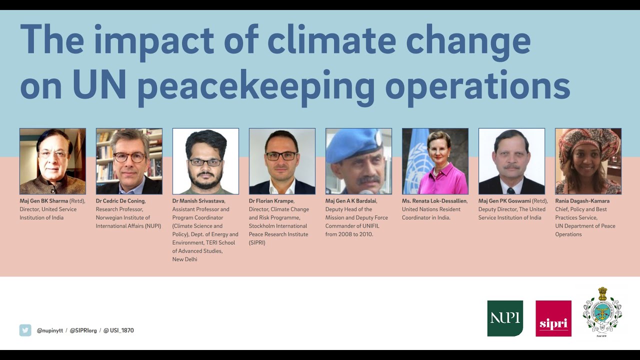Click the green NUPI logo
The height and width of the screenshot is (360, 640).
point(505,318)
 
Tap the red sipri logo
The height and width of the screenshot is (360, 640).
point(553,318)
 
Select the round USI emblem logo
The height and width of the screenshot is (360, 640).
point(602,313)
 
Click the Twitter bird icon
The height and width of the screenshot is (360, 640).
point(25,330)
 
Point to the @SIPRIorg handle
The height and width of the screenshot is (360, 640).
point(83,330)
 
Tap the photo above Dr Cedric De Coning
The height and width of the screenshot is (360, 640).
point(129,161)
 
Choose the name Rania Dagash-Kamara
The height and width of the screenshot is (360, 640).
point(582,201)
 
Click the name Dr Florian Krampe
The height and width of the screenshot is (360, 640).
point(271,201)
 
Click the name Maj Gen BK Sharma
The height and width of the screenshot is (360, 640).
point(44,201)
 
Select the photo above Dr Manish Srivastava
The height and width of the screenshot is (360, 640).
point(205,161)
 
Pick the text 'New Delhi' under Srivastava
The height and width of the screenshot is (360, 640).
point(184,259)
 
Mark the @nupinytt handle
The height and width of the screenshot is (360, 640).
point(50,330)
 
